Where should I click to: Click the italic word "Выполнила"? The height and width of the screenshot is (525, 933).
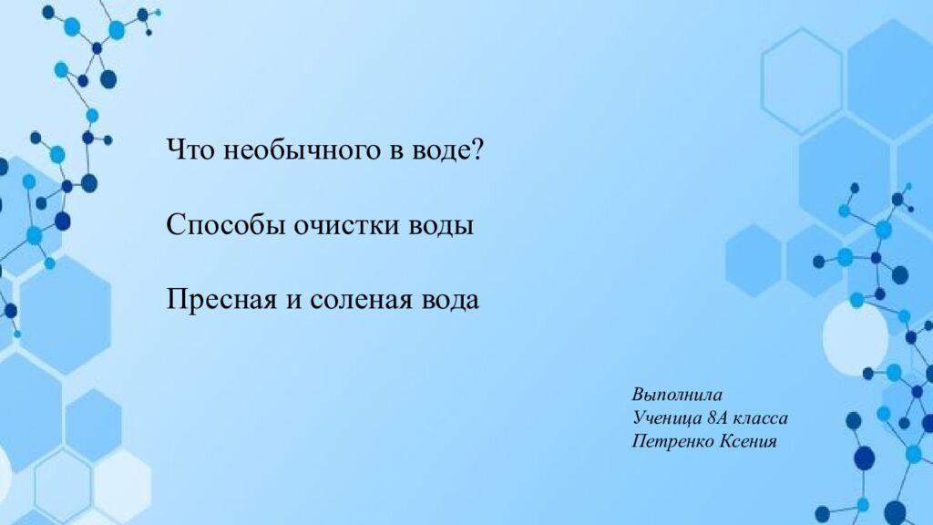click(677, 396)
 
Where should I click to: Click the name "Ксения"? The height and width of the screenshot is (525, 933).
click(749, 441)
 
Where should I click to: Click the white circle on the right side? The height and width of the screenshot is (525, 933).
click(855, 337)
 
